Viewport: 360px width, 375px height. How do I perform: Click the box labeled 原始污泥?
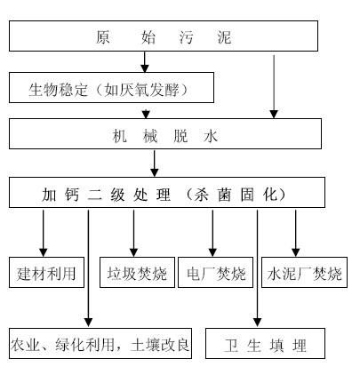click(164, 36)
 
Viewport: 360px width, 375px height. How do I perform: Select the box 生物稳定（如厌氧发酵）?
click(111, 88)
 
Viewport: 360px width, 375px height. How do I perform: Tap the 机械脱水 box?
click(165, 134)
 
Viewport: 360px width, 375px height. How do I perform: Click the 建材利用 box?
click(47, 273)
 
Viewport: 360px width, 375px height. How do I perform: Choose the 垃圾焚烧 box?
click(137, 273)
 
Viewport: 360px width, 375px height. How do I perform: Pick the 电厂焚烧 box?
click(215, 273)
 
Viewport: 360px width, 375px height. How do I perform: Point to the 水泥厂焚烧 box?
click(304, 273)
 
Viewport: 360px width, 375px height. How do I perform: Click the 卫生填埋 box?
click(265, 344)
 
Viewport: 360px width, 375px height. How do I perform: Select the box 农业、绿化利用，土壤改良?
click(100, 344)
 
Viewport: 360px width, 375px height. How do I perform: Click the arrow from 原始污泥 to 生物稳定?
click(145, 62)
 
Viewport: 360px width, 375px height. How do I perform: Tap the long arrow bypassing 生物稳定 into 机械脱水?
click(274, 87)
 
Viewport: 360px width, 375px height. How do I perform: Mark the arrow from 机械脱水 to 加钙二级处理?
click(155, 164)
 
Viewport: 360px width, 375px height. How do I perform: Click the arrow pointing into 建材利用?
click(44, 234)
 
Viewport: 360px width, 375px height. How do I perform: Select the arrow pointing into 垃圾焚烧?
click(133, 234)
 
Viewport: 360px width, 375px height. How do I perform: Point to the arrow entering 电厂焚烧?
click(212, 234)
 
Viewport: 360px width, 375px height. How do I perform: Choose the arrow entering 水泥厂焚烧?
click(295, 234)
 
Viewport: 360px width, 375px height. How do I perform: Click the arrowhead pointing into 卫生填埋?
click(257, 323)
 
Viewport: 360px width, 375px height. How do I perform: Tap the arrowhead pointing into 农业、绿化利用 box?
click(88, 323)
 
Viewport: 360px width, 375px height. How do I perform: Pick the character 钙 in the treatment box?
click(72, 195)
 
